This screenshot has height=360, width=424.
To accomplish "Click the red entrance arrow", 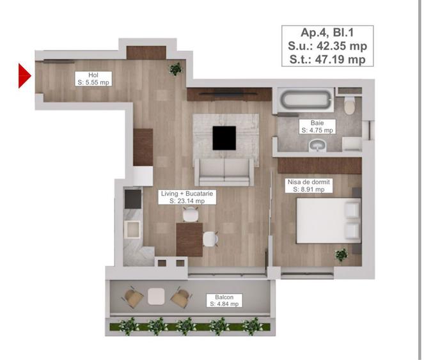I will coord(24,75).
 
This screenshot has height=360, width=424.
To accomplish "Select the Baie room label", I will coord(318,126).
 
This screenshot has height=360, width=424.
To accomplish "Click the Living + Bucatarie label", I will coord(187,196).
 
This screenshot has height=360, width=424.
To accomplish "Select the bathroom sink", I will coord(317,146).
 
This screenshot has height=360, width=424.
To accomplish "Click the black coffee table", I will coord(224,137).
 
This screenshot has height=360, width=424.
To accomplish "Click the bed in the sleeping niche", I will coord(327,221).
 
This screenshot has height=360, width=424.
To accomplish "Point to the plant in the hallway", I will coord(174,68).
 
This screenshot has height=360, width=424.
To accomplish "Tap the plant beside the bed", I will coord(341,254).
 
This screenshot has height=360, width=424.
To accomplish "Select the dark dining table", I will coord(189,240).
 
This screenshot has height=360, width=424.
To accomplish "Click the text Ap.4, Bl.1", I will coord(327,33).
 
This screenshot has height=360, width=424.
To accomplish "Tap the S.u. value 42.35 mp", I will coord(327,46).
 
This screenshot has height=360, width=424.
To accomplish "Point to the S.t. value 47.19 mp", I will coord(327,59).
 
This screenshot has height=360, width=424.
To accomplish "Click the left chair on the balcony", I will coord(134,297).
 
